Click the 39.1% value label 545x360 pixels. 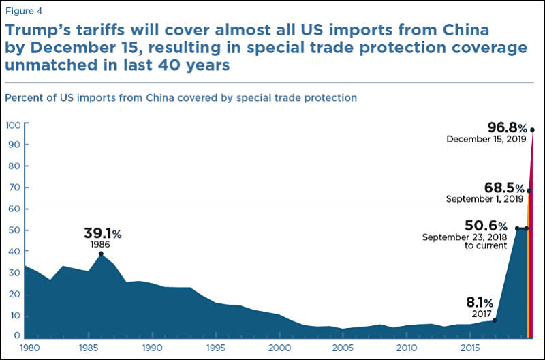click(102, 234)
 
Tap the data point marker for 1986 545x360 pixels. click(101, 254)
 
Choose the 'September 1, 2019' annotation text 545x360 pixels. click(484, 199)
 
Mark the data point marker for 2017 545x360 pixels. click(495, 320)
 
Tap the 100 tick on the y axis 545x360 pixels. click(14, 125)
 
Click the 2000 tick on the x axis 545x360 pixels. click(278, 348)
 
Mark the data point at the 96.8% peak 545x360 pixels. click(532, 130)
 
